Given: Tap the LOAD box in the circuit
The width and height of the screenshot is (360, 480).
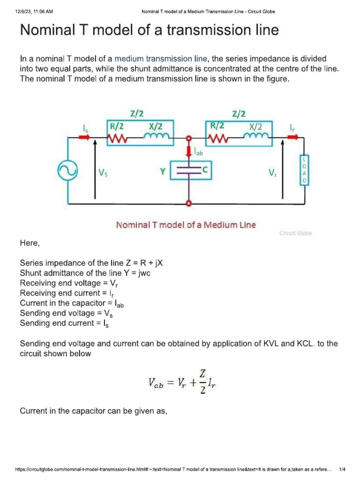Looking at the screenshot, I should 303,171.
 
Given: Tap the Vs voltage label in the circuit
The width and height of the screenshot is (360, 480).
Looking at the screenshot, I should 104,172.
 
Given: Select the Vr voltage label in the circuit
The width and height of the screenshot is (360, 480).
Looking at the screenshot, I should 272,172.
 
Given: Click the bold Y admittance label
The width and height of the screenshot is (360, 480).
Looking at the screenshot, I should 162,172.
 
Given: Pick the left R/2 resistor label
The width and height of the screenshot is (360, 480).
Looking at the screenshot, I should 117,126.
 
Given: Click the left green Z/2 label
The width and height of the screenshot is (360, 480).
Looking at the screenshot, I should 136,113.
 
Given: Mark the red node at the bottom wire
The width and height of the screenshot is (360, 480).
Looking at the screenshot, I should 188,203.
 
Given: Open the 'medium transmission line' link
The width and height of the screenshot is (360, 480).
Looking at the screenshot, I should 161,59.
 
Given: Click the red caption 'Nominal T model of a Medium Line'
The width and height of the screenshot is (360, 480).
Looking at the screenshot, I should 186,225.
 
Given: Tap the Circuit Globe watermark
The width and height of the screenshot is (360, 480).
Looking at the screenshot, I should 295,233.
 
